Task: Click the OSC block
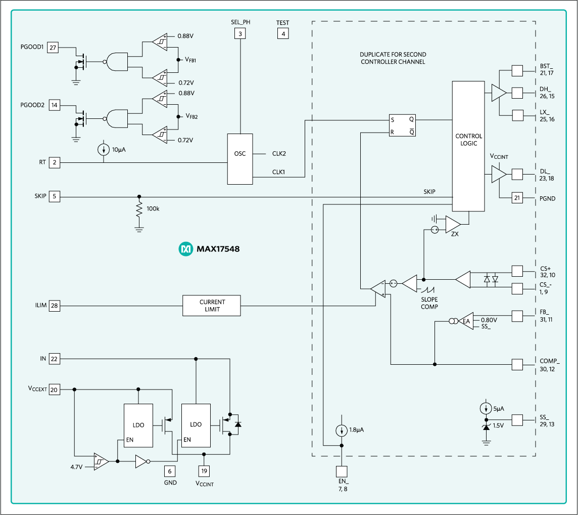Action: pyautogui.click(x=240, y=159)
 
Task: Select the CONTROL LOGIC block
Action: pyautogui.click(x=468, y=147)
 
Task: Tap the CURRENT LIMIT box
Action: pyautogui.click(x=211, y=306)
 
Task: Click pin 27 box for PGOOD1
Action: pyautogui.click(x=53, y=48)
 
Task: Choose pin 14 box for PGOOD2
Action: pyautogui.click(x=54, y=105)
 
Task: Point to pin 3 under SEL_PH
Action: pyautogui.click(x=240, y=34)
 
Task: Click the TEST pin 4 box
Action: pyautogui.click(x=282, y=34)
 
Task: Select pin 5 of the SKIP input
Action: pyautogui.click(x=54, y=197)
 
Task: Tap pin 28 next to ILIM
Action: pyautogui.click(x=54, y=306)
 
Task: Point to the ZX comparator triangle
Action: pyautogui.click(x=452, y=224)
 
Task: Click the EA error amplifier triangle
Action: pyautogui.click(x=465, y=321)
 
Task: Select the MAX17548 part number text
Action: pyautogui.click(x=218, y=249)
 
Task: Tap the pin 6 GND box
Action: pyautogui.click(x=170, y=471)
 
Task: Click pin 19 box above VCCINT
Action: pyautogui.click(x=204, y=471)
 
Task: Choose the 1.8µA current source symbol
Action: pyautogui.click(x=342, y=431)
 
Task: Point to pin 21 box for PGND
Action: pyautogui.click(x=517, y=198)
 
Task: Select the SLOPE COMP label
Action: pyautogui.click(x=429, y=303)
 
